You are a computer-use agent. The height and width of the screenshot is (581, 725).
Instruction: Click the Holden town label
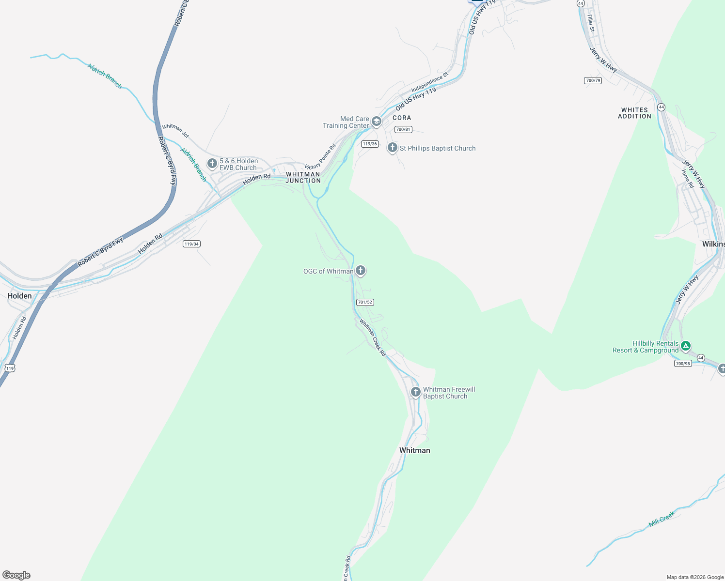[x=19, y=296]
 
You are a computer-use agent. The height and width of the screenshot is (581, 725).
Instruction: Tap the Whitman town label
[x=414, y=450]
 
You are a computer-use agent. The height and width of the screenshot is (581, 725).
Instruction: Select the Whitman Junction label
[x=303, y=177]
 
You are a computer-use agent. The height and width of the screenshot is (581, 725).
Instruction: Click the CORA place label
[x=402, y=118]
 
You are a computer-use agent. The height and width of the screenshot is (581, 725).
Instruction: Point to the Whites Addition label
[x=634, y=113]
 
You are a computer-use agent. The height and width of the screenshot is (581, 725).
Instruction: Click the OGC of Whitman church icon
[x=361, y=271]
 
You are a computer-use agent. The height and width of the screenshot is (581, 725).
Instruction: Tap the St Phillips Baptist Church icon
[x=393, y=148]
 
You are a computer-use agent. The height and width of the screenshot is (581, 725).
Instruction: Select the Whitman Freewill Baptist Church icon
[x=415, y=392]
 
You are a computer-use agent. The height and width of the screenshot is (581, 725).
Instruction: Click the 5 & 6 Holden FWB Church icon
[x=212, y=164]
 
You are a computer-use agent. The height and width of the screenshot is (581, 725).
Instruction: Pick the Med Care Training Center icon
[x=377, y=122]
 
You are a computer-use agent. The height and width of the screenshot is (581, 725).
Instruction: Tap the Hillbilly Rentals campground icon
[x=685, y=346]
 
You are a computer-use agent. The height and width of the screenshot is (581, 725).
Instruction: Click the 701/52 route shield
[x=365, y=302]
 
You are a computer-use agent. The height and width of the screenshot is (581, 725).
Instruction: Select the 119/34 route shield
[x=191, y=244]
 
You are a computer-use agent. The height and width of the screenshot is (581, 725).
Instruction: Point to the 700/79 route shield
[x=593, y=80]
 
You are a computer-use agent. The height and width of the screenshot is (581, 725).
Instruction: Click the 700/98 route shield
[x=682, y=363]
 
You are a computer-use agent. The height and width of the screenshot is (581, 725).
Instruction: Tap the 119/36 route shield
[x=369, y=144]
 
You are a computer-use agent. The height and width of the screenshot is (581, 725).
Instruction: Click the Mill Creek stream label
[x=662, y=520]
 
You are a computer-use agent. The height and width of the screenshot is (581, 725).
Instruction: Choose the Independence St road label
[x=430, y=82]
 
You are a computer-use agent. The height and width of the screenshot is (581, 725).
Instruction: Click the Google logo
[x=16, y=575]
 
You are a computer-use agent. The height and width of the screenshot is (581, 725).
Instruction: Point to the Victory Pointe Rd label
[x=320, y=156]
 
